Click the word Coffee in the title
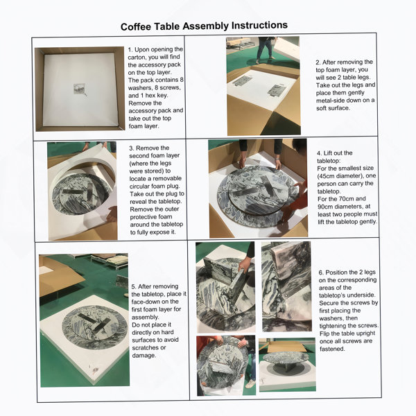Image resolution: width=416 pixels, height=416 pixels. point(136,27)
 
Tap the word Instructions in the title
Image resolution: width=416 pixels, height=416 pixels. point(259,25)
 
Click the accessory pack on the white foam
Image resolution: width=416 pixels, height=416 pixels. point(79,89)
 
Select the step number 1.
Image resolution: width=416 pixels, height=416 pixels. point(130,50)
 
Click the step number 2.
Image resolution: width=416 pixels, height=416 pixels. point(318,62)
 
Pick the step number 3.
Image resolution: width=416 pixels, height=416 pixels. point(132,148)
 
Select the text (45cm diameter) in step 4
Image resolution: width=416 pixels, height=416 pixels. point(340,176)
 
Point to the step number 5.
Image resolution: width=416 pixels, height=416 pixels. point(134,286)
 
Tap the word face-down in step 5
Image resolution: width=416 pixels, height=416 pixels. point(145,302)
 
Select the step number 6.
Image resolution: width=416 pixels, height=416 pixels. point(321,272)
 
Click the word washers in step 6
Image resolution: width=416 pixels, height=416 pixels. point(331,318)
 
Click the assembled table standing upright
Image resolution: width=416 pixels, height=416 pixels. point(286,359)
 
